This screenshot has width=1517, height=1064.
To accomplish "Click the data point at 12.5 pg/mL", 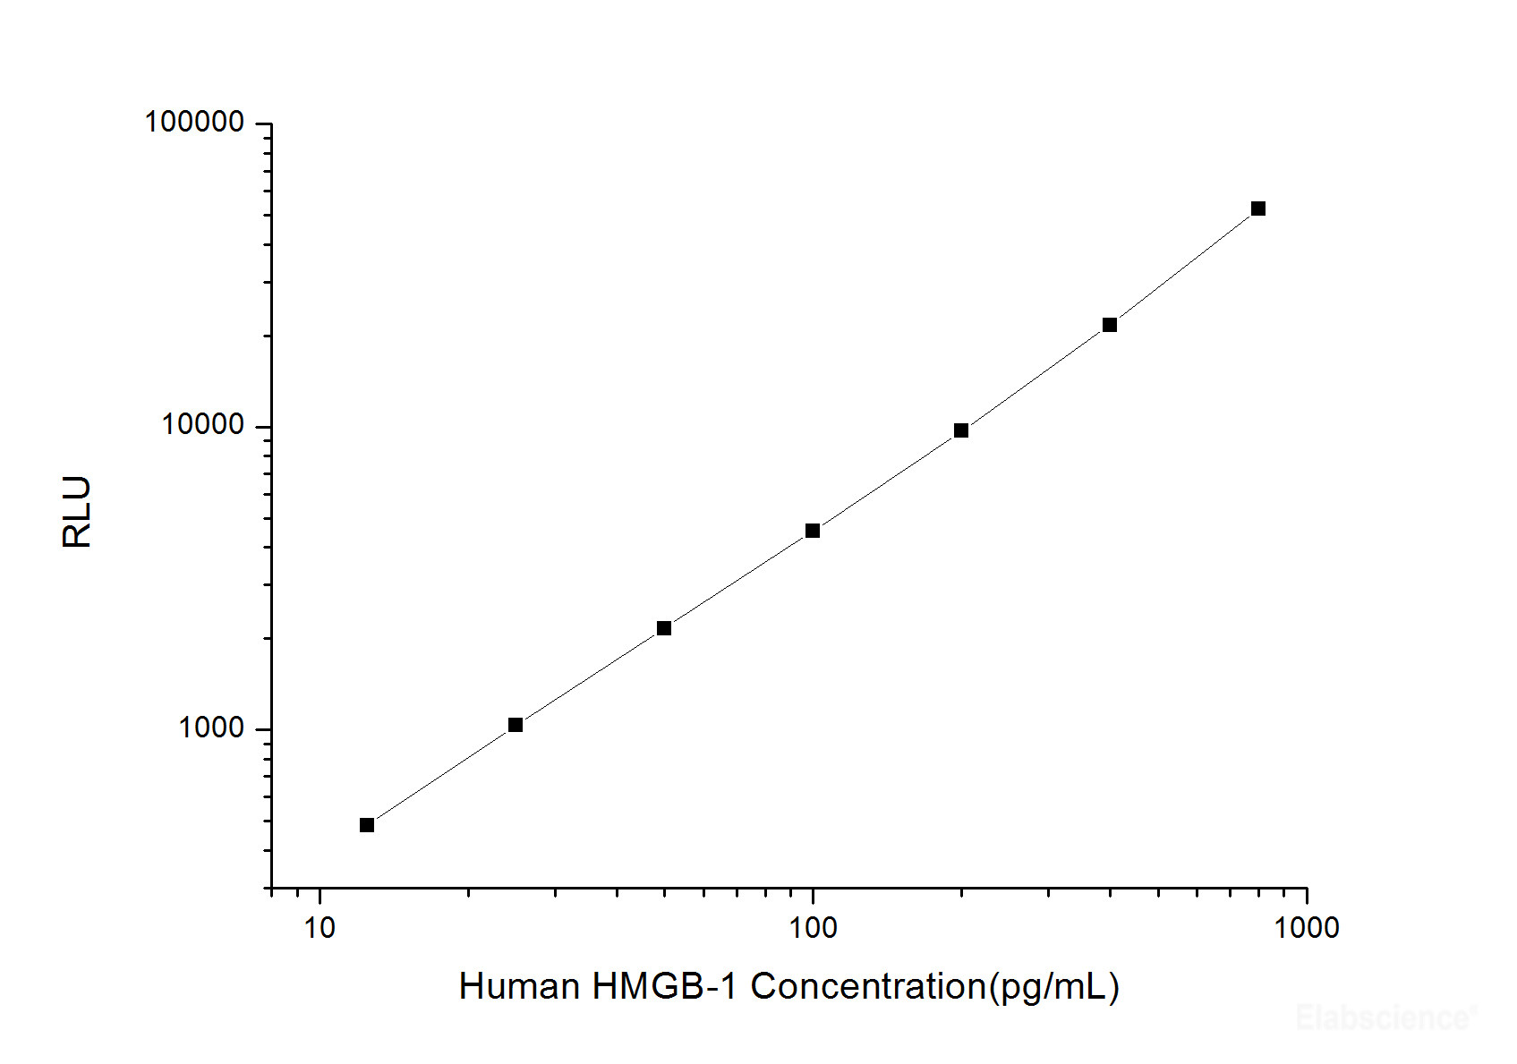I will (x=367, y=825).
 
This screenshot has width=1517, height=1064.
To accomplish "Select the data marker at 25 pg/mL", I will (x=516, y=725).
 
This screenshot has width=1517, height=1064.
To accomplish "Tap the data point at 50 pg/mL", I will (x=664, y=628).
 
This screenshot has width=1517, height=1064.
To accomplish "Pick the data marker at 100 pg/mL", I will (x=813, y=531).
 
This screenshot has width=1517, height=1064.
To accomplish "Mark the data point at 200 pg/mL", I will (x=961, y=430).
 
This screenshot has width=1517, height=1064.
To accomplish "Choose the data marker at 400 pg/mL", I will (x=1110, y=325).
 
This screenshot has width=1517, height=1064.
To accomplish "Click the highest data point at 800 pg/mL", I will (x=1258, y=209).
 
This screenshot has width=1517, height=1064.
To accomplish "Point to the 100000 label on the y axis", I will (x=194, y=122).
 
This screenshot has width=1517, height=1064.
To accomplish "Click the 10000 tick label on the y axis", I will (x=202, y=425).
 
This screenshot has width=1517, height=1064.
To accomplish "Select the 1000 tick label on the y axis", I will (x=211, y=728).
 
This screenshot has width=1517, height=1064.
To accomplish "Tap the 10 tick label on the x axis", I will (x=320, y=928).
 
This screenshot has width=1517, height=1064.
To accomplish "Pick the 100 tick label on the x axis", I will (x=813, y=928).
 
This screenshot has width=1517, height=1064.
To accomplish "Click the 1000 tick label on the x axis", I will (x=1307, y=928).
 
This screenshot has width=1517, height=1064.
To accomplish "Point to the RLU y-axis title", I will (x=77, y=511).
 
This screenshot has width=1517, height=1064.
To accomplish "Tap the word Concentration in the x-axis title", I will (x=867, y=986).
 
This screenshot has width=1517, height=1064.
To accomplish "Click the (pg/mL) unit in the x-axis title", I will (x=1053, y=988).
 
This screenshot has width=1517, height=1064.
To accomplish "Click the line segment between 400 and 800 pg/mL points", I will (x=1184, y=267).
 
